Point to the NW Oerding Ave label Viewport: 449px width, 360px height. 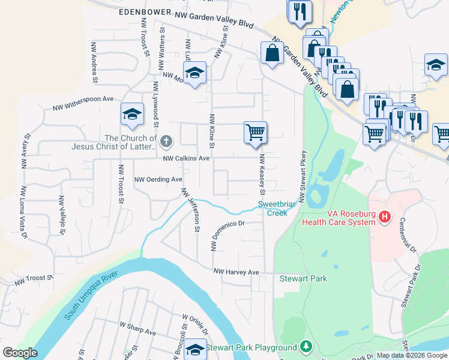click(x=158, y=179)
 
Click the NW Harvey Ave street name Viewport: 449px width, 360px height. click(x=237, y=272)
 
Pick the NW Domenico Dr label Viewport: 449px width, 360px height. click(x=228, y=235)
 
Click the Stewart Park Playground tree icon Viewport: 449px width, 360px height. click(x=306, y=347)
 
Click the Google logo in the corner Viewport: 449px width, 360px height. click(x=20, y=353)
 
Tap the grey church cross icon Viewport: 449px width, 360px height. click(x=166, y=142)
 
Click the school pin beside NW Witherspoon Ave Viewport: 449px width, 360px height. click(x=132, y=114)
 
